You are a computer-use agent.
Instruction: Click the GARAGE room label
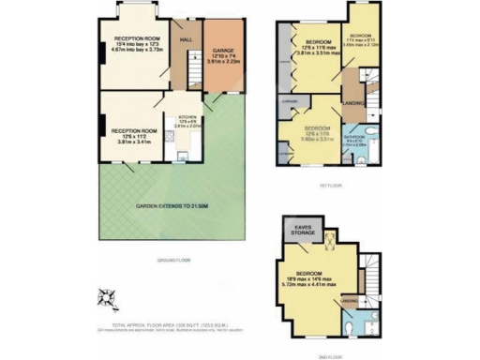(222, 52)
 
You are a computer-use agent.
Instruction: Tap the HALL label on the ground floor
(186, 39)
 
